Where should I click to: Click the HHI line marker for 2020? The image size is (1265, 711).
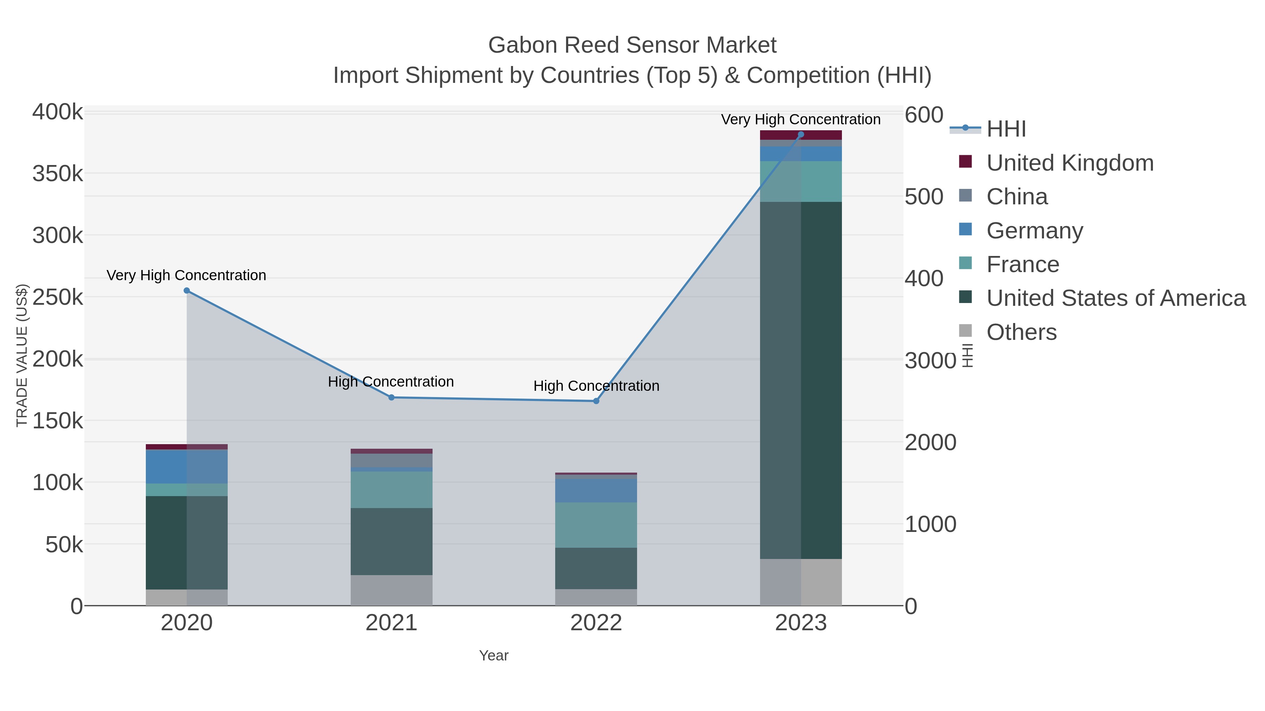(x=187, y=290)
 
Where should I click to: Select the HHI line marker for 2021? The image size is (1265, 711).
(x=391, y=397)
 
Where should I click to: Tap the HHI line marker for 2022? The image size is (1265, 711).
(x=596, y=401)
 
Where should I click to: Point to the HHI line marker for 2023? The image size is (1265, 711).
(x=801, y=134)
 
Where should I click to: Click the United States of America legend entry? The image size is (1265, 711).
(x=1115, y=298)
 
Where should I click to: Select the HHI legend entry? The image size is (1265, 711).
(x=1006, y=129)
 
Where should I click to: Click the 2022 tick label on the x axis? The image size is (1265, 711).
(x=596, y=623)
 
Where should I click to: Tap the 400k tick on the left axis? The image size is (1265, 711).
(x=58, y=112)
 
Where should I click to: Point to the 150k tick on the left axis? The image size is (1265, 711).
(x=58, y=421)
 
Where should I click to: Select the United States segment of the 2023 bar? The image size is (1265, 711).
(x=801, y=380)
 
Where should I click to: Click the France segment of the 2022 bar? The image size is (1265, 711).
(x=596, y=525)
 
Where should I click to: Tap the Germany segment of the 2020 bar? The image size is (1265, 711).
(x=187, y=466)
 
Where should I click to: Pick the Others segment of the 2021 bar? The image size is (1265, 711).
(x=391, y=590)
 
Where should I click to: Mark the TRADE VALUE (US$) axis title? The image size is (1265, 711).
(x=22, y=355)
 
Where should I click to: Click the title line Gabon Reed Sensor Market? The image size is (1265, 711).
(x=632, y=45)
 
